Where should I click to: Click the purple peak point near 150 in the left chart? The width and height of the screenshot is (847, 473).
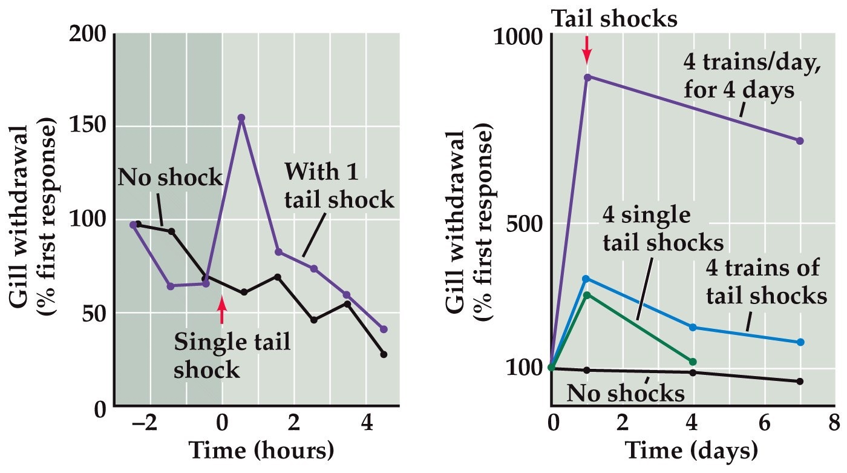click(241, 117)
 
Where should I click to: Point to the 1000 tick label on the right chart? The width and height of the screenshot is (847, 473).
click(518, 39)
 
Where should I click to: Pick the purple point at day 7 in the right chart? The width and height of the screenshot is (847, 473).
click(800, 141)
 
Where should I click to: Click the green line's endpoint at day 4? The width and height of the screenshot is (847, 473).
click(693, 362)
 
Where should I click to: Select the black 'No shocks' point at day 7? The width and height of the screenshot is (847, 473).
click(800, 382)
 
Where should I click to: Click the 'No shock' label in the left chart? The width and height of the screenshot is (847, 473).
click(170, 178)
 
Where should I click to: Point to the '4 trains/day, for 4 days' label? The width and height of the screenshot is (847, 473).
click(753, 76)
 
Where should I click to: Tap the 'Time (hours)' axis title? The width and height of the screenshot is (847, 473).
click(261, 451)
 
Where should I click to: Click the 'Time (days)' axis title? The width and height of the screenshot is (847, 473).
click(691, 451)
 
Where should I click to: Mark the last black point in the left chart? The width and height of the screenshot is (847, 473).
click(384, 354)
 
